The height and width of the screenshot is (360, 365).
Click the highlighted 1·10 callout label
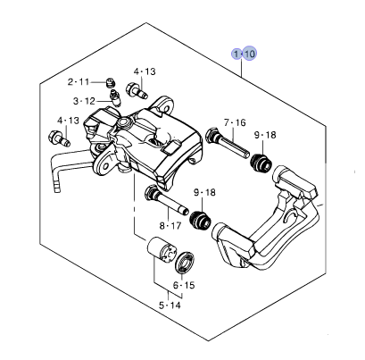click(244, 54)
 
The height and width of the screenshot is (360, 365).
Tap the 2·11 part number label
click(79, 81)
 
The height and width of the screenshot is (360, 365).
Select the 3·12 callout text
click(85, 101)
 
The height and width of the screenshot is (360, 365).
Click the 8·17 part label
click(170, 225)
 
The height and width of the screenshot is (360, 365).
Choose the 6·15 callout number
click(183, 286)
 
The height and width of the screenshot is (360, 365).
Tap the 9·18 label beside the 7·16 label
click(265, 135)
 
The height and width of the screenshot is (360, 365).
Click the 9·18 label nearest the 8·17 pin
click(204, 192)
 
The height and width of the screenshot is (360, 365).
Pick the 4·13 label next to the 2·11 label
click(145, 71)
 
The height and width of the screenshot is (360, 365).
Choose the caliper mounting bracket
click(268, 228)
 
